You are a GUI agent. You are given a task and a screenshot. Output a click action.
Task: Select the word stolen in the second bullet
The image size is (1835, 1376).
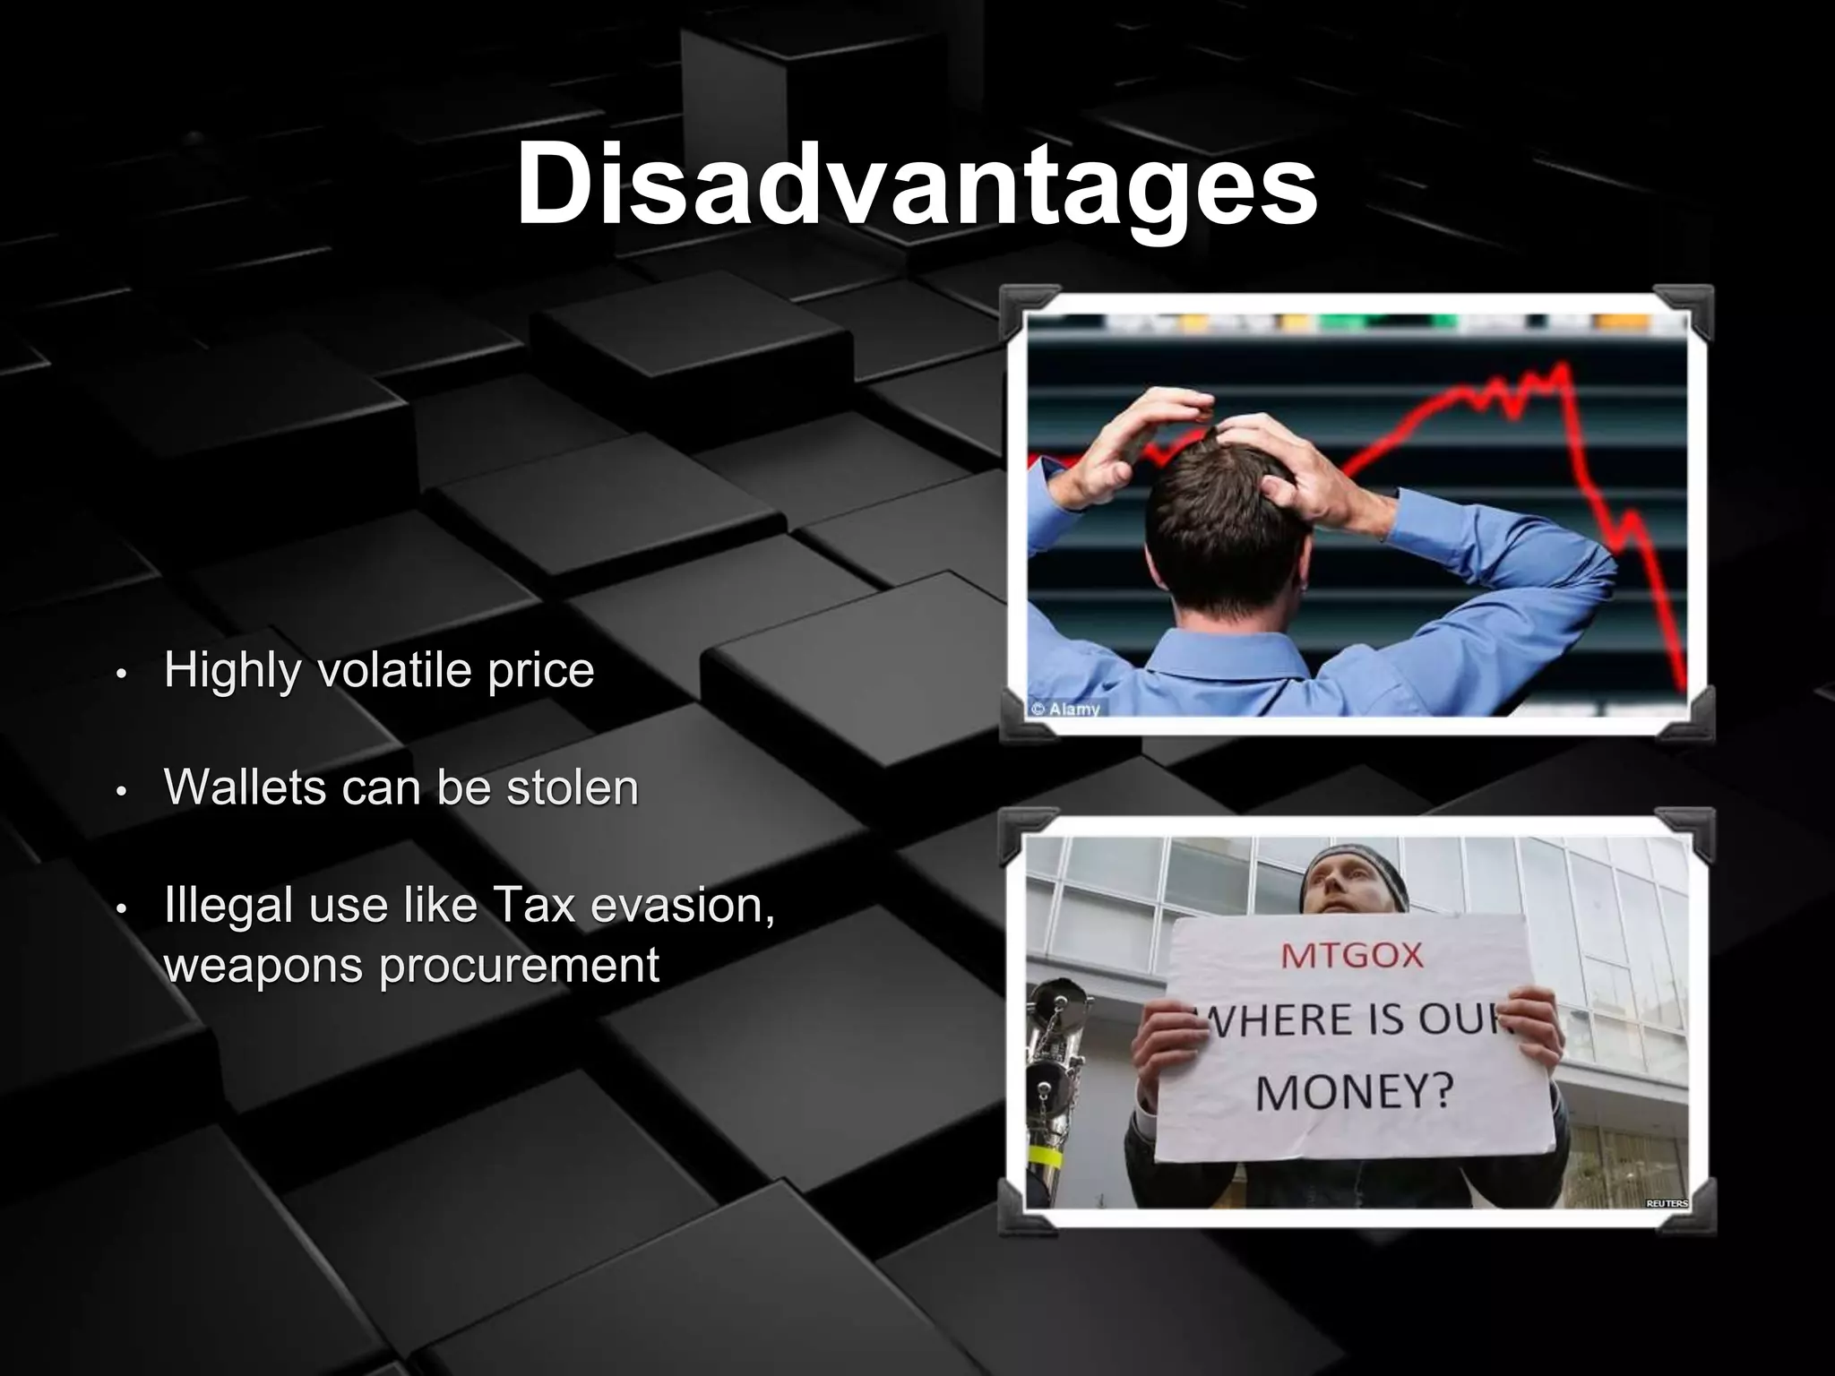coord(573,788)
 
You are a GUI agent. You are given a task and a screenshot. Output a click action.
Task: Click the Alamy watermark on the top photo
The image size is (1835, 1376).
coord(1066,709)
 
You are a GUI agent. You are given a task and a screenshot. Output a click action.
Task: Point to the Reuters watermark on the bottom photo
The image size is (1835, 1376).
coord(1667,1203)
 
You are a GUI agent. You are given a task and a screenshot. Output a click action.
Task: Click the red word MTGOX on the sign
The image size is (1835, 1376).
coord(1352,956)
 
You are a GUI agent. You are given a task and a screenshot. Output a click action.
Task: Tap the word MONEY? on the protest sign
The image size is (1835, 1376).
coord(1353,1092)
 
